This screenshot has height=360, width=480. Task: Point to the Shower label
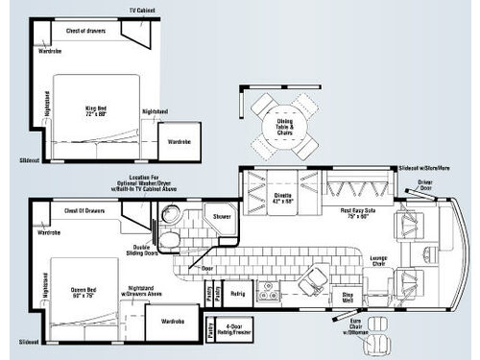point(221,217)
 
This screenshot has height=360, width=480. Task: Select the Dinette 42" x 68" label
point(283,199)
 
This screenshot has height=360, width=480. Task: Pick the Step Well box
point(351,300)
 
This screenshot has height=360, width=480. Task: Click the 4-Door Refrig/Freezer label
point(236,328)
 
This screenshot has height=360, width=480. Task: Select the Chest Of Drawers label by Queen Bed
point(84,211)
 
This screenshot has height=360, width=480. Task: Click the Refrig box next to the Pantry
point(238,294)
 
